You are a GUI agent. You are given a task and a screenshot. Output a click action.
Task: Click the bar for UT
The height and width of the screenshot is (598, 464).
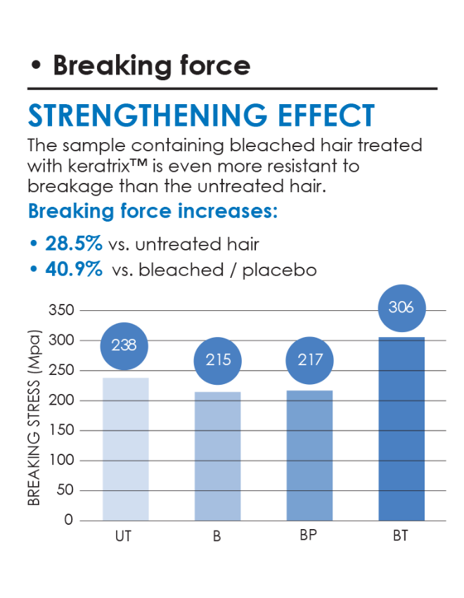(x=126, y=449)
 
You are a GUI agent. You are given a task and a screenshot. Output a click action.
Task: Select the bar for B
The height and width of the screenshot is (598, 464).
(x=217, y=456)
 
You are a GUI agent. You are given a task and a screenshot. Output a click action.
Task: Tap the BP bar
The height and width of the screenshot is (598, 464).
(x=309, y=455)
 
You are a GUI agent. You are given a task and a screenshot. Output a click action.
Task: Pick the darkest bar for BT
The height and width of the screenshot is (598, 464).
(x=401, y=428)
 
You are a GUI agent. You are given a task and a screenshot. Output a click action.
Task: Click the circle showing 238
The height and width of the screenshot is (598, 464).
(x=124, y=346)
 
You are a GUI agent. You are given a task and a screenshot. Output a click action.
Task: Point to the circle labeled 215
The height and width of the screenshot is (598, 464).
(x=217, y=360)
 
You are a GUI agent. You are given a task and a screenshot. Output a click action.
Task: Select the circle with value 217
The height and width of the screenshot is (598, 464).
(x=310, y=360)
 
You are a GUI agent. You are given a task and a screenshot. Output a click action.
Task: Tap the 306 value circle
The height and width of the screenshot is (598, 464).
(x=401, y=308)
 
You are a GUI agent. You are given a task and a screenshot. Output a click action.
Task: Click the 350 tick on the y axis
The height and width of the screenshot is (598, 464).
(x=61, y=310)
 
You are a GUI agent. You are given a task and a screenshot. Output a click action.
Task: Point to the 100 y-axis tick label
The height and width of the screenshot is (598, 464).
(x=61, y=460)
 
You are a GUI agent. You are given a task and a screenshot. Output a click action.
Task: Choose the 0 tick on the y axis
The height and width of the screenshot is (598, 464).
(x=69, y=520)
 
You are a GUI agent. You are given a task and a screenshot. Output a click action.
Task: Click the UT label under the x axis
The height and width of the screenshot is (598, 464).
(x=123, y=536)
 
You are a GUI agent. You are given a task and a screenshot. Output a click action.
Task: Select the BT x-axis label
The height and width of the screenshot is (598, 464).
(x=401, y=536)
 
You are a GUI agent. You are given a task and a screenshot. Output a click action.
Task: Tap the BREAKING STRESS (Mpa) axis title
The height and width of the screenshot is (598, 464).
(x=34, y=418)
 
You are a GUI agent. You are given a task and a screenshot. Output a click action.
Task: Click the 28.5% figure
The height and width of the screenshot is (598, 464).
(x=74, y=243)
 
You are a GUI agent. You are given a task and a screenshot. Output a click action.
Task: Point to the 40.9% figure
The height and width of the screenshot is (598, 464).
(x=74, y=269)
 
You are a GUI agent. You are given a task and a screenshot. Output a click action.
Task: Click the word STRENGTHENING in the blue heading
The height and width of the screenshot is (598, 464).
(x=148, y=115)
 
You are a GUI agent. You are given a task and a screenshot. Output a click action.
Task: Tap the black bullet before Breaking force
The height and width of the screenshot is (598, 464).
(x=36, y=65)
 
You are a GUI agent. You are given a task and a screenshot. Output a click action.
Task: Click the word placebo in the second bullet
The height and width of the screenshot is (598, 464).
(x=279, y=270)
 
